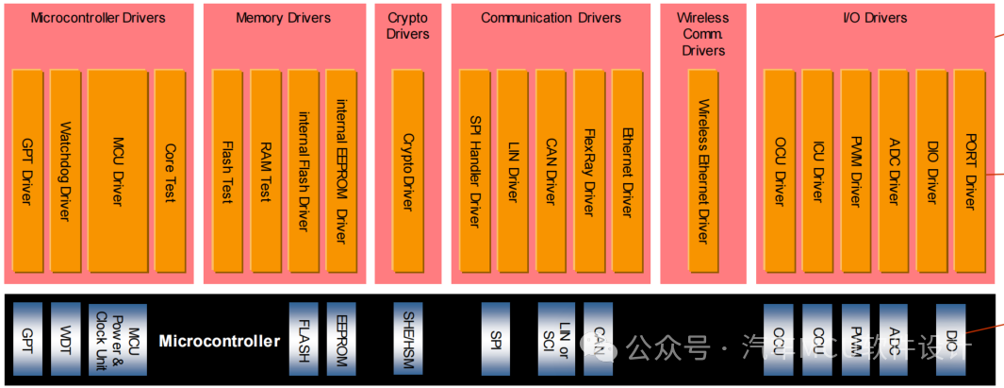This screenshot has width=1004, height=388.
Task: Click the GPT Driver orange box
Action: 27,170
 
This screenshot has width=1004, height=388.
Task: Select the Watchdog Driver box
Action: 65,170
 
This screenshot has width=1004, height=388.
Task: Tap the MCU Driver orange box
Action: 117,170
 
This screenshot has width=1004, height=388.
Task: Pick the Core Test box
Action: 170,170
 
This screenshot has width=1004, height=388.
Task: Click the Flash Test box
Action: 227,170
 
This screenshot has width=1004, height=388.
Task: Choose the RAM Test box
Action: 266,170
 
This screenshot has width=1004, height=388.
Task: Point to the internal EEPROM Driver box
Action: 341,170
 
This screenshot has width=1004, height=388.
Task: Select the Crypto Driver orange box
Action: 407,170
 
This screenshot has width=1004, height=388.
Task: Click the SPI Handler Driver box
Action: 474,170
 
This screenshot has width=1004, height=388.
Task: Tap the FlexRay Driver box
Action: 588,170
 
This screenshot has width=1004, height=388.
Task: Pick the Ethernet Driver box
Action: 627,170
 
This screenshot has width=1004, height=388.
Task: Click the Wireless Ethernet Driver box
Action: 702,170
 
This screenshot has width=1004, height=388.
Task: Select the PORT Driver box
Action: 969,170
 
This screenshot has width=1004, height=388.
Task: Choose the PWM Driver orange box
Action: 855,170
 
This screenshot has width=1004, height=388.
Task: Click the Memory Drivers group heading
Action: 283,18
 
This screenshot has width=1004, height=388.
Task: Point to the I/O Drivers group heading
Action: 874,18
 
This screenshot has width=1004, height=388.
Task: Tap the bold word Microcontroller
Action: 219,341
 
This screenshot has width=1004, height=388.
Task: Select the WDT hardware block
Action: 65,339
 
